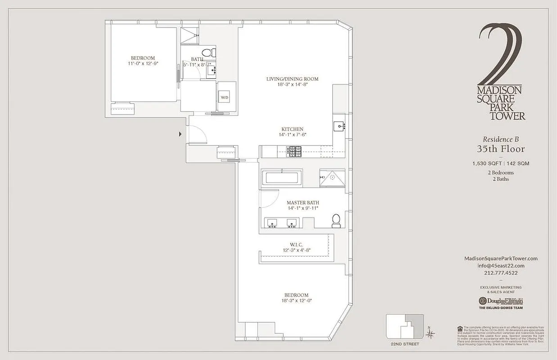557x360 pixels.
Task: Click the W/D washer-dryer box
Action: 224,98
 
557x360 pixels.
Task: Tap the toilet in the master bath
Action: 336,220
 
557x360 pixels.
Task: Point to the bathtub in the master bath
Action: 282,177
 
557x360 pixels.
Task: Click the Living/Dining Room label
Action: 292,79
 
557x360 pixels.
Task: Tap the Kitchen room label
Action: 293,129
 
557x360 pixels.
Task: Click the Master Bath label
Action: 303,203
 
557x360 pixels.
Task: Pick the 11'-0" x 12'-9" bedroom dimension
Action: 143,64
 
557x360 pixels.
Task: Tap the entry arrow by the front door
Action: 181,134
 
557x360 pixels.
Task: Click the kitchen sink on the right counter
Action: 339,126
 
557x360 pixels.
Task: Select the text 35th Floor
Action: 501,149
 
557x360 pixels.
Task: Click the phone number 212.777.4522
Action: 501,273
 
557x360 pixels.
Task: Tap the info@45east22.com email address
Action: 501,265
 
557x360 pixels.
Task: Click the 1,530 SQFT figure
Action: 487,163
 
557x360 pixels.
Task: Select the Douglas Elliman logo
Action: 501,301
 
